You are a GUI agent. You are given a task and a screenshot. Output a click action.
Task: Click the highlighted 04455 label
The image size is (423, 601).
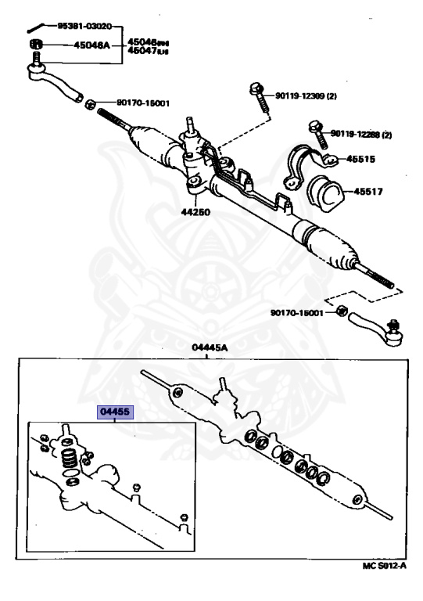pyautogui.click(x=115, y=412)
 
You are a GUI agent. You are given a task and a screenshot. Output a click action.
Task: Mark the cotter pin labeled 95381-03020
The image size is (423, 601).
pyautogui.click(x=41, y=27)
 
